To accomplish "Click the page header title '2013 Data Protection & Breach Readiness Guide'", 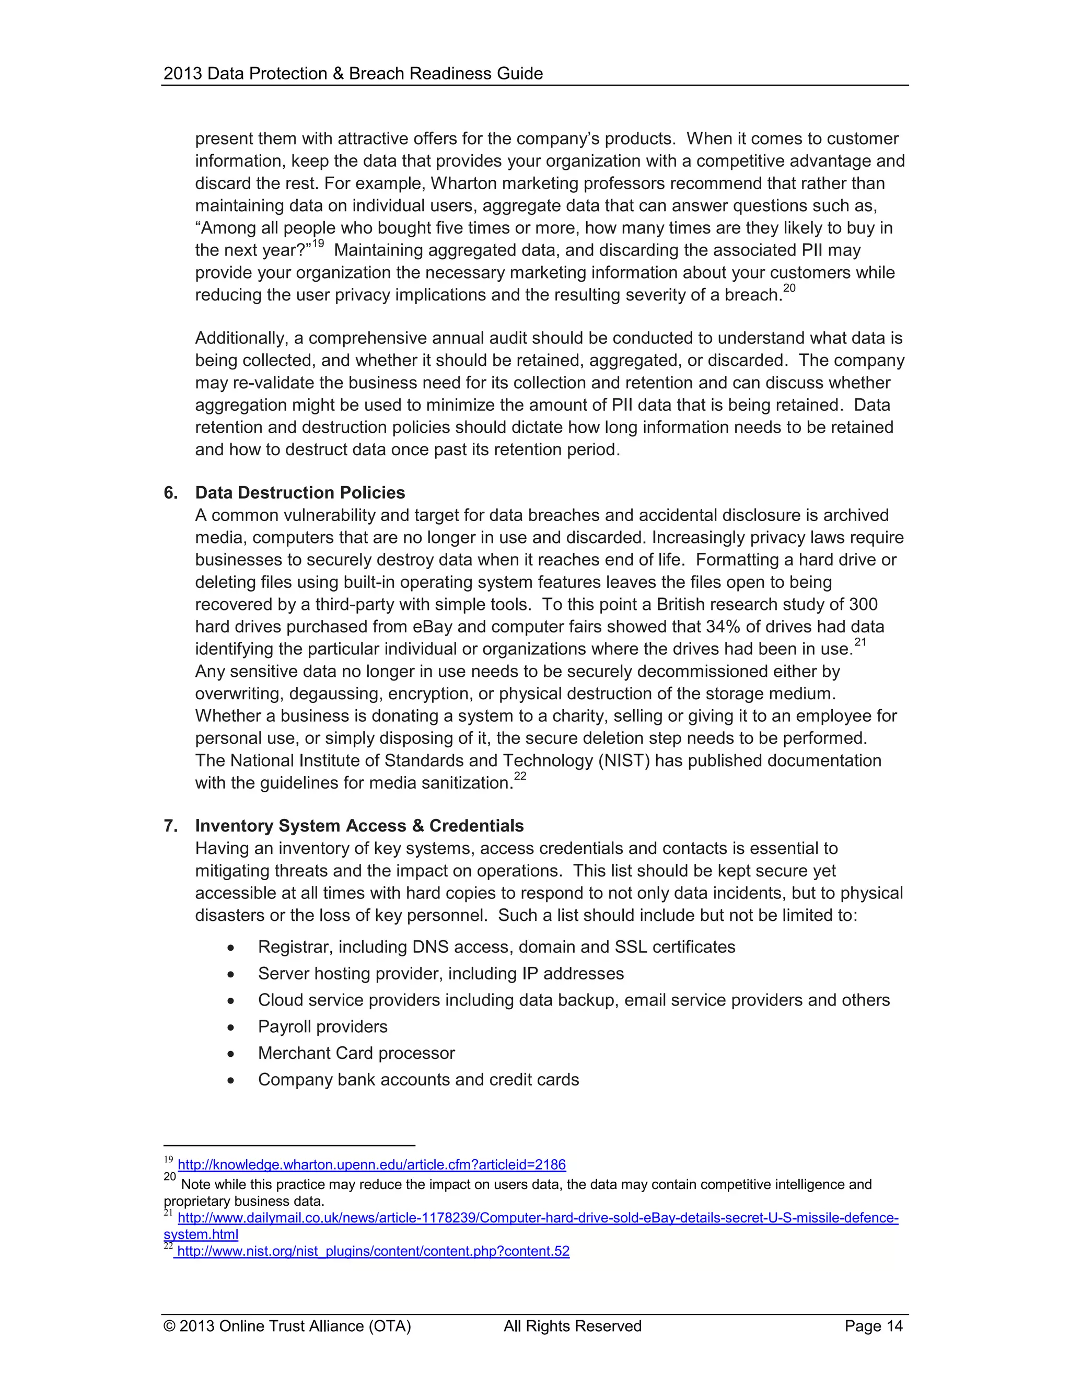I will [x=353, y=74].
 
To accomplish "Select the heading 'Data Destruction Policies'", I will [x=300, y=493].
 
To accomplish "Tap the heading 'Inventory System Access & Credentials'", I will [x=359, y=826].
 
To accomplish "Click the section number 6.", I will [x=170, y=493].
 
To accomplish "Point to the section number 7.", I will [x=170, y=826].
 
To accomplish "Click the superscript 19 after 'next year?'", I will [x=318, y=244].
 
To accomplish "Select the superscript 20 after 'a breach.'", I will [x=789, y=288].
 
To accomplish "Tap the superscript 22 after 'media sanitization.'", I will [x=520, y=776].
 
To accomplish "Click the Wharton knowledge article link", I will [x=371, y=1164].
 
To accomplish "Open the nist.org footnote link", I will [x=373, y=1251].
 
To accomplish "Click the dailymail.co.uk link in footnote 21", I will [x=538, y=1218].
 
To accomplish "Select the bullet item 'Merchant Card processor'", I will [x=356, y=1053].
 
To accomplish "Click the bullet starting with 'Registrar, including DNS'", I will [x=496, y=947].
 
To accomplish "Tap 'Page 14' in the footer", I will [x=874, y=1326].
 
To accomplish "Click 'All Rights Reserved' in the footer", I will [x=573, y=1326].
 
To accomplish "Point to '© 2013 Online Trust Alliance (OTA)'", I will [x=287, y=1326].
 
